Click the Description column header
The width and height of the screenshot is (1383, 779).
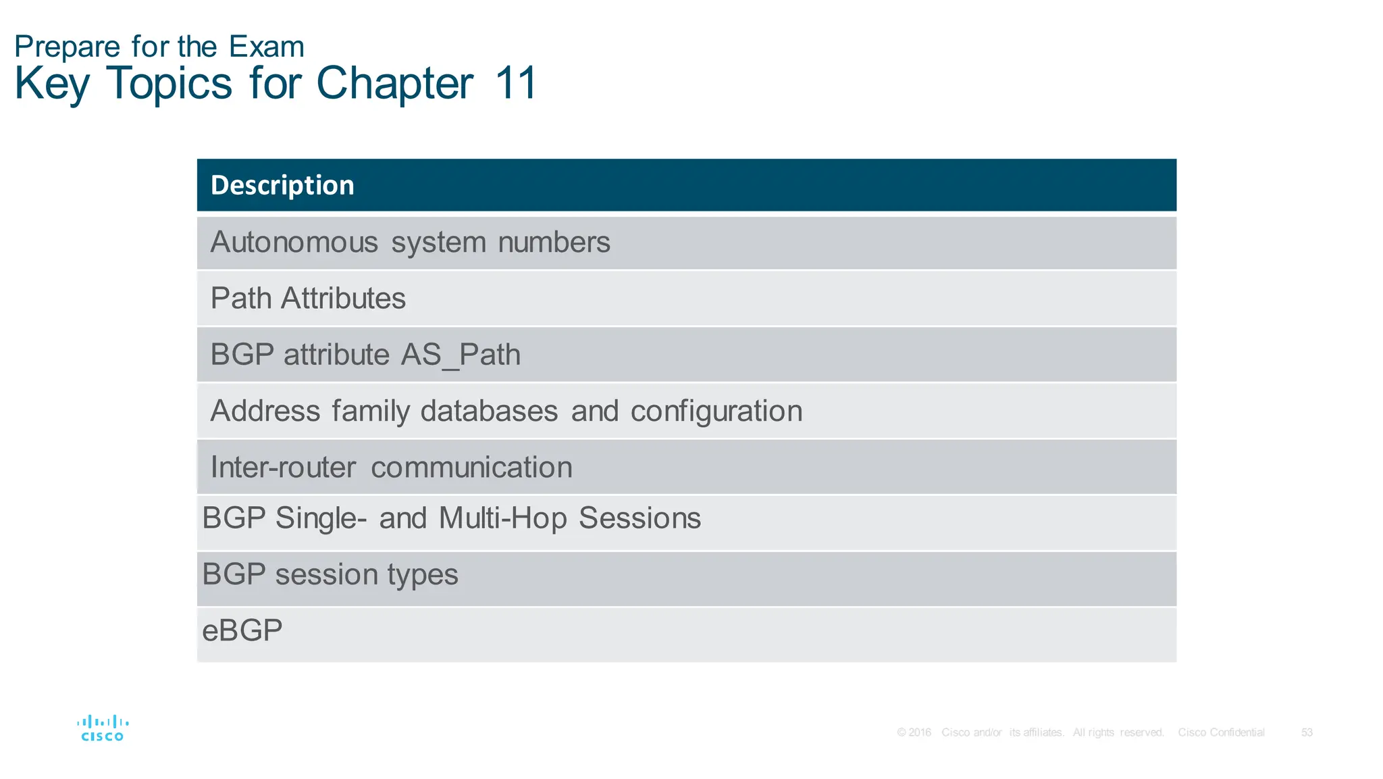coord(282,185)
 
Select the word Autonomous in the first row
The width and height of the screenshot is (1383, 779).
coord(294,243)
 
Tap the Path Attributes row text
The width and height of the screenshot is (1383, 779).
coord(308,299)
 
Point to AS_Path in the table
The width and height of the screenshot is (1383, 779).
coord(461,355)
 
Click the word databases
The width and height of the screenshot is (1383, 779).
coord(489,411)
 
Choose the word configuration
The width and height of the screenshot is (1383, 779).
coord(716,411)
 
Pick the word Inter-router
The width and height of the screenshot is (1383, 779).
coord(283,468)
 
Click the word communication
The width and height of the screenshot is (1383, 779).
coord(471,468)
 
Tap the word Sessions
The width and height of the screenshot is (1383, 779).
coord(640,518)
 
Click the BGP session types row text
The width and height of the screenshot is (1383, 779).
coord(330,574)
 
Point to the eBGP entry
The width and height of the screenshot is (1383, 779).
coord(242,630)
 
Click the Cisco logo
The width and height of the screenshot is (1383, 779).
coord(103,728)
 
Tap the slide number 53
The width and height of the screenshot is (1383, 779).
coord(1307,732)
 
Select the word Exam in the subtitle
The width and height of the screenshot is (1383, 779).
coord(267,47)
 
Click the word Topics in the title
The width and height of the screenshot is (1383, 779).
coord(169,84)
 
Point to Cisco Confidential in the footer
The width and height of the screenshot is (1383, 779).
coord(1221,732)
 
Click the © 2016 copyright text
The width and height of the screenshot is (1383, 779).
coord(914,732)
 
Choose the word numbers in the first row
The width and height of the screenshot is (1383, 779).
coord(554,243)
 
